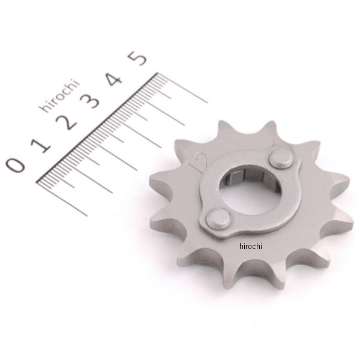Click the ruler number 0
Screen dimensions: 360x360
(15, 165)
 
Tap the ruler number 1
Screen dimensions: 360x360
(41, 146)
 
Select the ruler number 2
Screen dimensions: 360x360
(67, 122)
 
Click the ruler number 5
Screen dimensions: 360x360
(137, 58)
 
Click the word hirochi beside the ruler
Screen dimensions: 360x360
(59, 96)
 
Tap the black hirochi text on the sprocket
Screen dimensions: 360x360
(250, 247)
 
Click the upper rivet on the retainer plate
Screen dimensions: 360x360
(281, 158)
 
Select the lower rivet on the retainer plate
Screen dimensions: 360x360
(218, 219)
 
